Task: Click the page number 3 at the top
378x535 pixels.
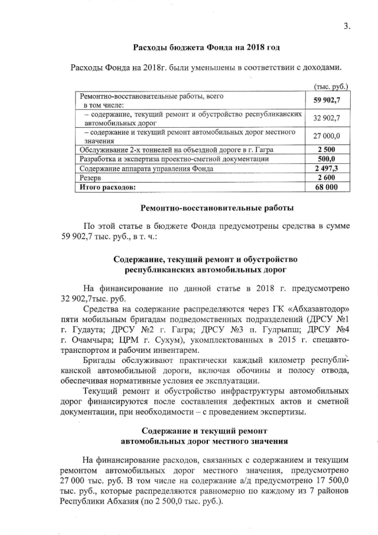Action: (x=347, y=25)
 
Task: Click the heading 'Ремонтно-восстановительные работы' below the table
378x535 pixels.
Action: (x=217, y=207)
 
